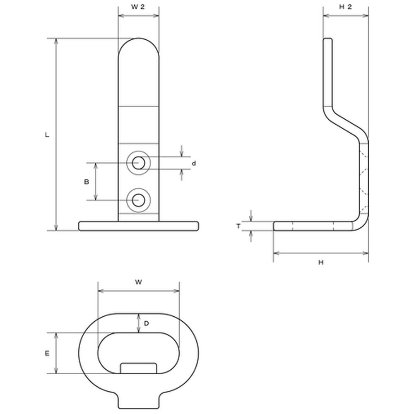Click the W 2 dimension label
(x=138, y=7)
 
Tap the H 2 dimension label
(x=345, y=7)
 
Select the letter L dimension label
(x=47, y=135)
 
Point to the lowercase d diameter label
(x=194, y=164)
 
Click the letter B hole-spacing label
(x=87, y=182)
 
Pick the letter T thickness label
(x=238, y=226)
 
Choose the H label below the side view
(x=321, y=262)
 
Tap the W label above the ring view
(x=138, y=282)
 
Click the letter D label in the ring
(x=147, y=323)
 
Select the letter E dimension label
(x=47, y=353)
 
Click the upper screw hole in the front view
(x=138, y=163)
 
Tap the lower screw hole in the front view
(x=138, y=200)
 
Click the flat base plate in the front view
(x=138, y=226)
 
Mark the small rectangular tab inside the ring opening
(x=138, y=368)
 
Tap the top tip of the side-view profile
(x=327, y=39)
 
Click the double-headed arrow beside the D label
(x=139, y=323)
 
